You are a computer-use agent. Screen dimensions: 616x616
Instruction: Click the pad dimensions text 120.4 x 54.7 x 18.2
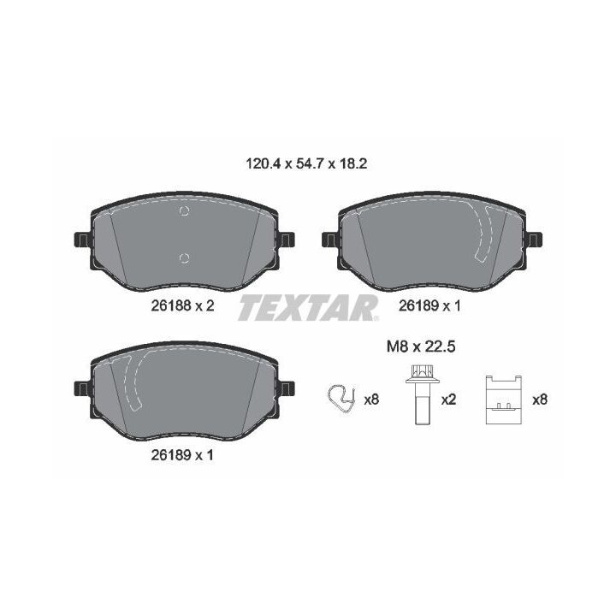point(306,163)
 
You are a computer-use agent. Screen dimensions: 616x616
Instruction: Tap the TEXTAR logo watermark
point(309,308)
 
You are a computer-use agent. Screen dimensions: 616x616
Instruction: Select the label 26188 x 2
point(183,305)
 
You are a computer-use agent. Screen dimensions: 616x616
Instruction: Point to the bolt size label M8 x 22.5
point(421,346)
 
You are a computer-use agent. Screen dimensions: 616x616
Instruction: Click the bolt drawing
point(422,394)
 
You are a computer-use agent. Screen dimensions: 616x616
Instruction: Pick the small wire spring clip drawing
point(341,398)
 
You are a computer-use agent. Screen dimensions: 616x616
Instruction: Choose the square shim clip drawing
point(504,400)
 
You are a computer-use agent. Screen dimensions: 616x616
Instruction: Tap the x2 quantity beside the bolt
point(448,400)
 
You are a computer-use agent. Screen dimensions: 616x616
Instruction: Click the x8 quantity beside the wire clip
point(371,400)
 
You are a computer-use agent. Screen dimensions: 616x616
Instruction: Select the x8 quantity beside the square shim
point(540,400)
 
